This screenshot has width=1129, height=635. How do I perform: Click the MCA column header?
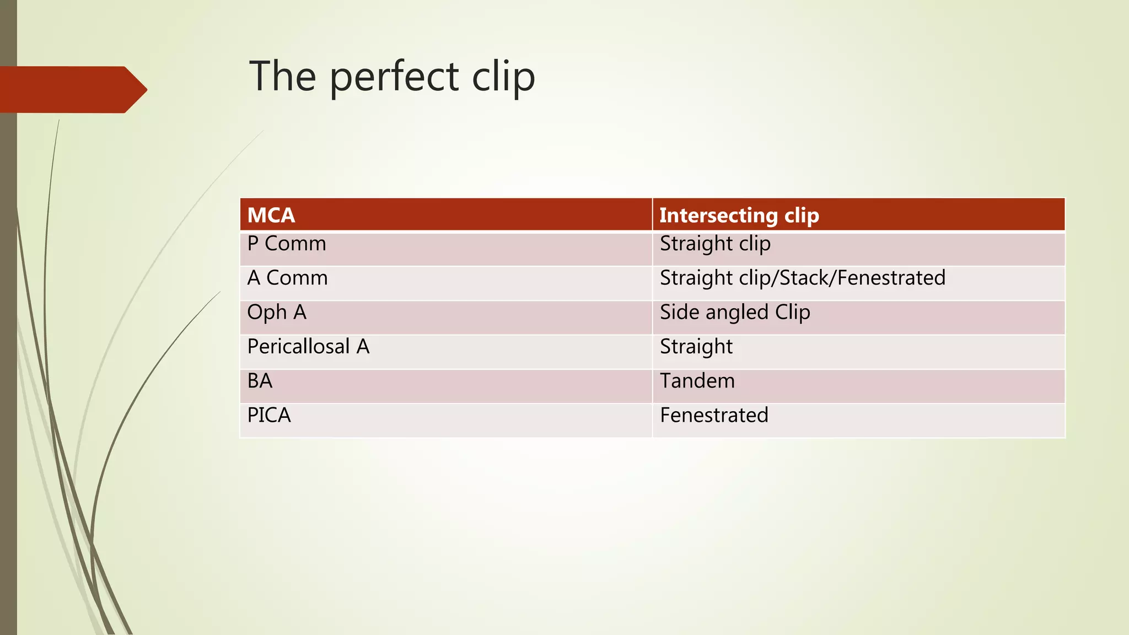click(271, 215)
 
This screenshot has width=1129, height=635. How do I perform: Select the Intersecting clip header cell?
click(739, 215)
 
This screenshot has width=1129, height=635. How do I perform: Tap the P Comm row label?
click(287, 244)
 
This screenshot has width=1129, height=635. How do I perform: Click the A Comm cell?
click(287, 278)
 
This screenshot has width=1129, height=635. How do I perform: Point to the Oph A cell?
click(277, 313)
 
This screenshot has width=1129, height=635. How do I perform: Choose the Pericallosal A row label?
click(308, 347)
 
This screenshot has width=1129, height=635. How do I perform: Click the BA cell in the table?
click(260, 381)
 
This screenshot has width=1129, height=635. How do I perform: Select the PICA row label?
click(269, 415)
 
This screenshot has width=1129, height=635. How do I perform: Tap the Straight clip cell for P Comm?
click(715, 244)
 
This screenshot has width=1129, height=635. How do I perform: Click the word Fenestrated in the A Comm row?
click(891, 278)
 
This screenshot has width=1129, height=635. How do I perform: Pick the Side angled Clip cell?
click(735, 313)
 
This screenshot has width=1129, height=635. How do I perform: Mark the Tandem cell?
click(697, 381)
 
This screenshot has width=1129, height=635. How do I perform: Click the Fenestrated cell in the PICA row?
click(714, 415)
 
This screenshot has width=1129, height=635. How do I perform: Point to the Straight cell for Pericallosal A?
click(696, 347)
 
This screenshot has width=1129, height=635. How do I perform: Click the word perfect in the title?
click(394, 77)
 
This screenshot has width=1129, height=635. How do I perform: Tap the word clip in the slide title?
click(503, 77)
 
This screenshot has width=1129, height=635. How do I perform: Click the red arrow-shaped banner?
click(72, 89)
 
